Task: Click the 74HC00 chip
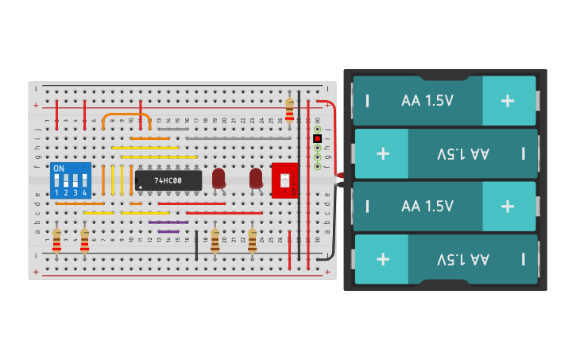168,180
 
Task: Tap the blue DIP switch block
70,180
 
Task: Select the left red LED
218,178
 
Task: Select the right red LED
256,178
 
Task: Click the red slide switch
284,180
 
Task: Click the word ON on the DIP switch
58,169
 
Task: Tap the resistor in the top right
289,110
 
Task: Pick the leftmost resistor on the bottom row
56,240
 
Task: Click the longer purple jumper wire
168,223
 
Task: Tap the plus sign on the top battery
508,101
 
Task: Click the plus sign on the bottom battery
383,259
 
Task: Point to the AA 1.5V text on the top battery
427,101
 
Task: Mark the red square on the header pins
317,138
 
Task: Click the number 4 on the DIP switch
83,193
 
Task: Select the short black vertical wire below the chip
196,246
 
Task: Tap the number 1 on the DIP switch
56,193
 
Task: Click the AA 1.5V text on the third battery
427,206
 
